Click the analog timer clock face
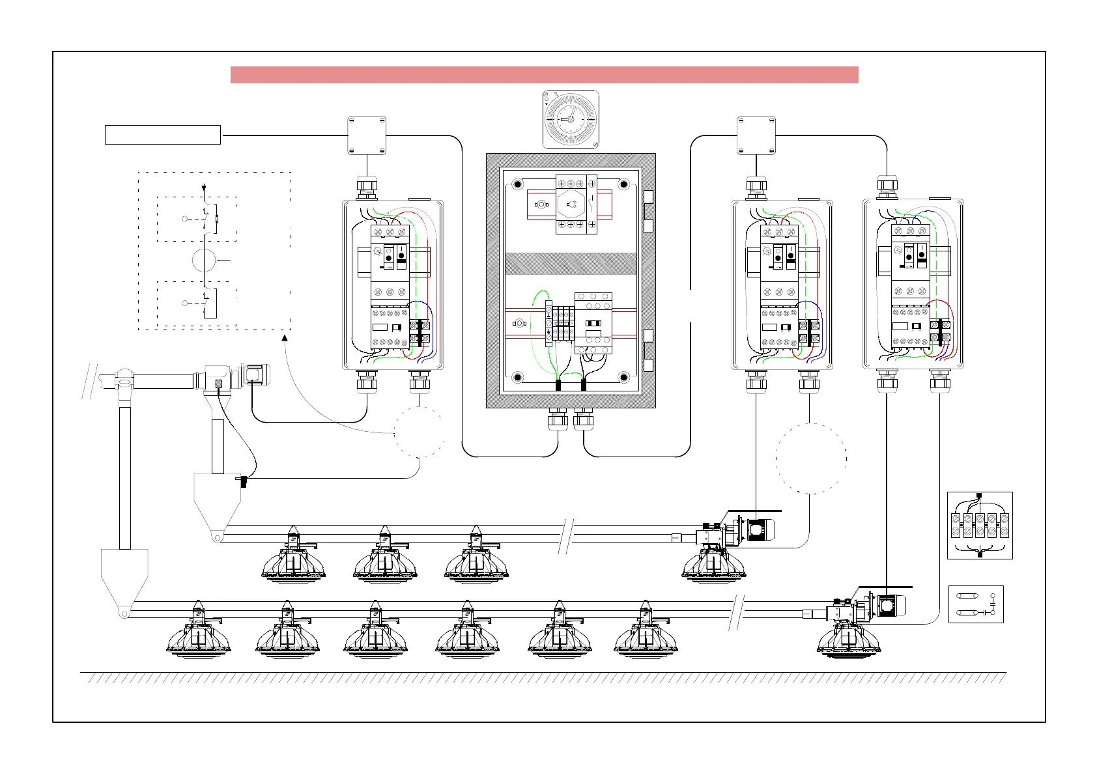(x=570, y=119)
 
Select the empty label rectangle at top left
(x=163, y=135)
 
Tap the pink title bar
(x=544, y=75)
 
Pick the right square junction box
(x=756, y=135)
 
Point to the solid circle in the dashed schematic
(x=205, y=261)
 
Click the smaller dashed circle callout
(x=419, y=431)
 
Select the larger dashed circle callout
(x=811, y=458)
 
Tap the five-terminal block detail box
(x=980, y=525)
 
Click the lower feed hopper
(x=124, y=575)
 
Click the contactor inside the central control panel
(x=593, y=323)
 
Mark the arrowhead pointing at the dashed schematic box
(x=284, y=335)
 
